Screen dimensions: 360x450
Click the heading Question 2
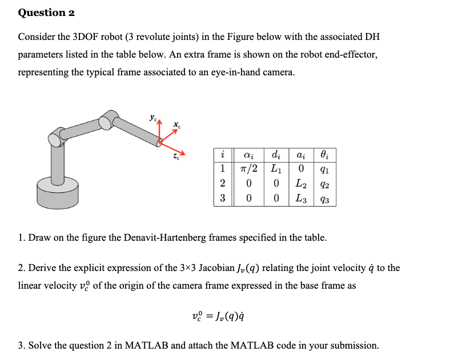tap(46, 13)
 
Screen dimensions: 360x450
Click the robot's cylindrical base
tap(57, 191)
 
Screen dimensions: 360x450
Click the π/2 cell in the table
tap(248, 169)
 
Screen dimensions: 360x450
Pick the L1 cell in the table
tap(276, 169)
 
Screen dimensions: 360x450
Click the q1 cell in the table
tap(324, 169)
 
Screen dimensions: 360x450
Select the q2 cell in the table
tap(324, 185)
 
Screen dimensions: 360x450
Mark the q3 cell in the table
tap(324, 200)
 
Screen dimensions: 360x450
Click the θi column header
tap(324, 155)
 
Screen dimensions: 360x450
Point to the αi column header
tap(248, 155)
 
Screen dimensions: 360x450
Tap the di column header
tap(276, 155)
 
